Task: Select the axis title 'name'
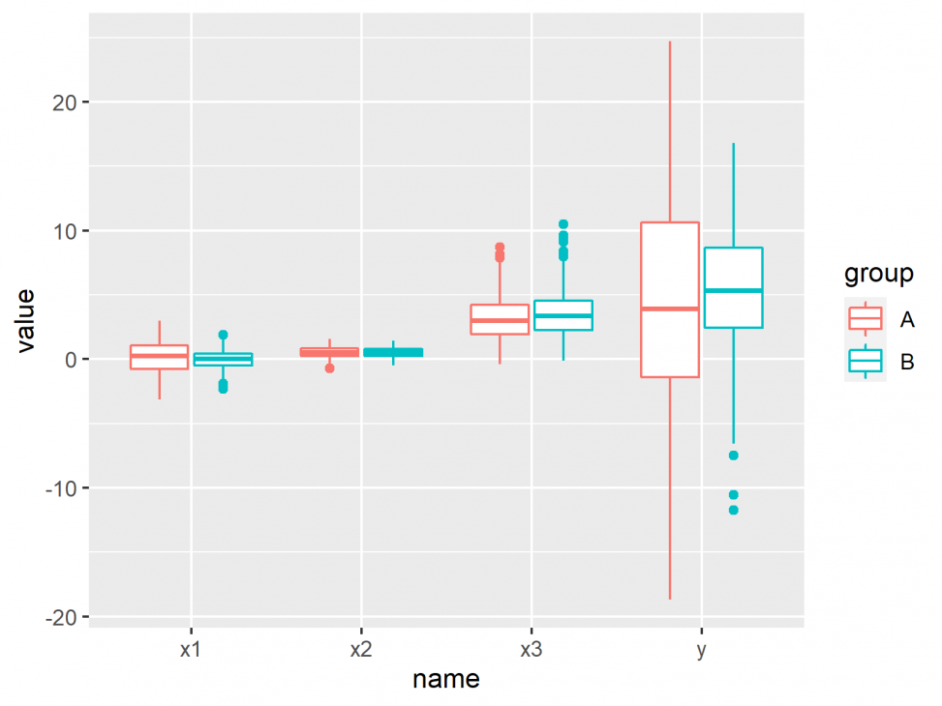click(x=445, y=679)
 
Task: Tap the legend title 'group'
click(x=879, y=275)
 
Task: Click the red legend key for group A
click(x=866, y=318)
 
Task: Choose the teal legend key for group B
click(x=866, y=361)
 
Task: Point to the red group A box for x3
click(x=500, y=320)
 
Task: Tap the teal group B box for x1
click(x=224, y=360)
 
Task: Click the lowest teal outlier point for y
click(x=734, y=510)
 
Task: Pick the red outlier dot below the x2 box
click(x=330, y=368)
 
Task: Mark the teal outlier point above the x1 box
click(x=223, y=335)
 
